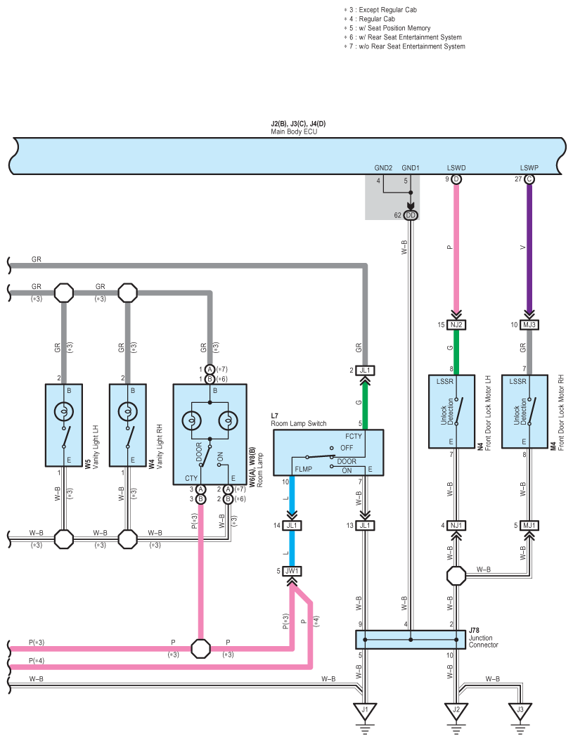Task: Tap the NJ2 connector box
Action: (x=456, y=325)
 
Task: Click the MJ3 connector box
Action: (x=529, y=325)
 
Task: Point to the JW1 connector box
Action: (x=292, y=571)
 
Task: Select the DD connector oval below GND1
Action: (x=411, y=216)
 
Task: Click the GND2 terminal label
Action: (x=383, y=168)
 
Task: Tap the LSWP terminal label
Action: (x=529, y=168)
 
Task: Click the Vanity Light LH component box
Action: (x=64, y=425)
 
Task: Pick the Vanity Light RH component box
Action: (x=128, y=425)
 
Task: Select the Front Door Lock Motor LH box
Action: (x=451, y=411)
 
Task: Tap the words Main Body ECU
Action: (x=294, y=132)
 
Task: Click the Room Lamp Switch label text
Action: (x=299, y=423)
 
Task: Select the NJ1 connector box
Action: (x=456, y=525)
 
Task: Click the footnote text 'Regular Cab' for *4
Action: (x=377, y=19)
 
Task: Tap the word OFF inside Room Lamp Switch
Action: (x=347, y=448)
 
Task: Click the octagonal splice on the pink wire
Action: (x=201, y=648)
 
